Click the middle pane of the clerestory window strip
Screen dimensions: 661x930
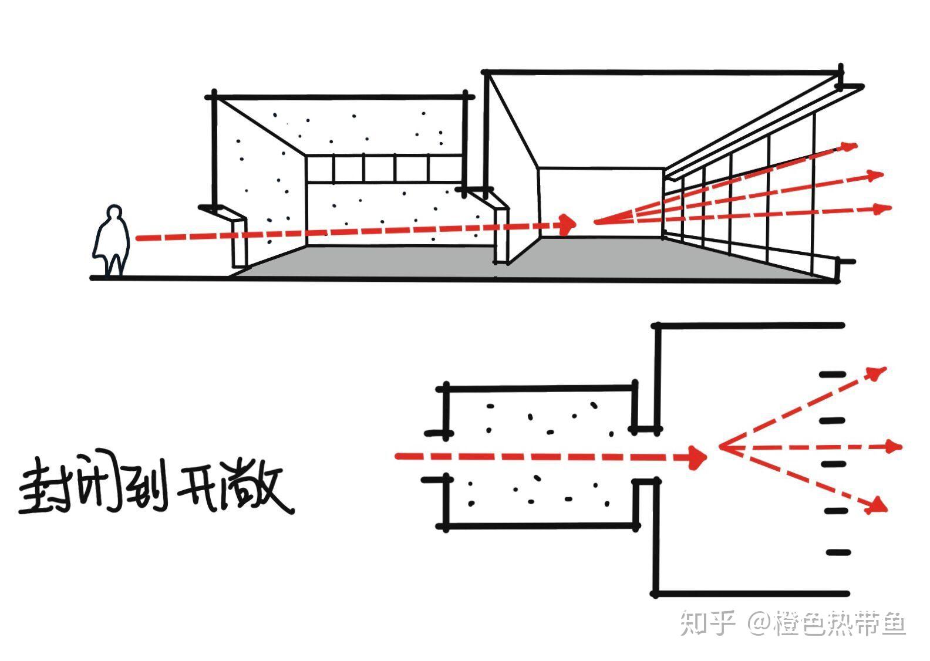[x=379, y=169]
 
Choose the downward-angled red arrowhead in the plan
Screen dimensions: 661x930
[x=877, y=504]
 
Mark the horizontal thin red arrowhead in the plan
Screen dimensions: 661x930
[x=894, y=447]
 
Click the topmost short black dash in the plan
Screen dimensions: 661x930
[x=833, y=374]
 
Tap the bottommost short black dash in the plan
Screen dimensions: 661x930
[x=838, y=552]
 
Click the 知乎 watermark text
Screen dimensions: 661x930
[x=707, y=623]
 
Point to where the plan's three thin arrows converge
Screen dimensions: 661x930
[x=721, y=447]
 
